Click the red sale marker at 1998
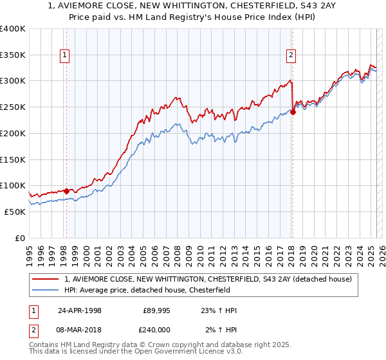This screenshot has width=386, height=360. (x=66, y=190)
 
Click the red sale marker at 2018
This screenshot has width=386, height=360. (x=293, y=111)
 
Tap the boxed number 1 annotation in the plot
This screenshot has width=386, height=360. (x=66, y=56)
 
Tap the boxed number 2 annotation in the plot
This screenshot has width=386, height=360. (x=291, y=56)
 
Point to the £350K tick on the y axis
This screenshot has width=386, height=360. (x=13, y=55)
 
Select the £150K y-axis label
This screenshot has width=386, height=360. (x=13, y=159)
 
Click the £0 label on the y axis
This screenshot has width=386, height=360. (x=20, y=238)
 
